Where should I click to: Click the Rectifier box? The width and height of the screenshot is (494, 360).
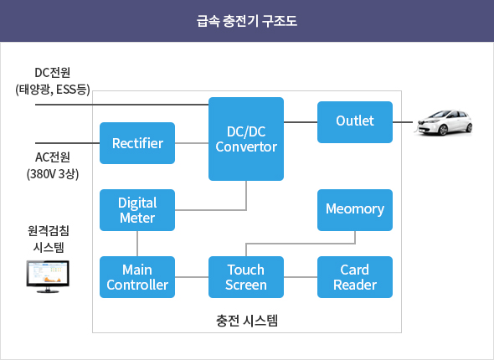coord(137,143)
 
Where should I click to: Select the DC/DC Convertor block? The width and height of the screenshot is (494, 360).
coord(246,139)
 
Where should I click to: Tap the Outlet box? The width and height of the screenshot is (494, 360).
coord(355,122)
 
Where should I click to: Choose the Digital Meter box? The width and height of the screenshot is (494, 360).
coord(137,210)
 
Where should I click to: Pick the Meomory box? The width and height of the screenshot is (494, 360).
coord(355,210)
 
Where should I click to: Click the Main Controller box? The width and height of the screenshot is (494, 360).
coord(137,277)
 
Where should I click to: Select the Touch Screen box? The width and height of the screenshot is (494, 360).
coord(246,277)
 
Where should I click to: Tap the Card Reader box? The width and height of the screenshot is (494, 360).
coord(355,277)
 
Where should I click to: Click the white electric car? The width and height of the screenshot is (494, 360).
coord(445,122)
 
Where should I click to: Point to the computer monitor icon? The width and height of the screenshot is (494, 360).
coord(48,276)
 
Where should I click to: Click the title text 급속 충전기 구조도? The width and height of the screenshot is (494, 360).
coord(247,21)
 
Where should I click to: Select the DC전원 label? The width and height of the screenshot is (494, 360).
coord(52,73)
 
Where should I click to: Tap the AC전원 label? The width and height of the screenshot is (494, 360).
coord(52,157)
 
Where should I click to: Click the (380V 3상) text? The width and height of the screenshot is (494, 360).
coord(53,174)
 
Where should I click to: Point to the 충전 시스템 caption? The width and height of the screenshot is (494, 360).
coord(247,321)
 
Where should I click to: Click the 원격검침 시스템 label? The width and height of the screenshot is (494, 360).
coord(49,239)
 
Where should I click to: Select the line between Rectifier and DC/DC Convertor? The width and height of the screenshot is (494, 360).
coord(192,143)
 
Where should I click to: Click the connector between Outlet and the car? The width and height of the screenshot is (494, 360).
coord(403,122)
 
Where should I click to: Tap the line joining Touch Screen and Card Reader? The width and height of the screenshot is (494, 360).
coord(301,277)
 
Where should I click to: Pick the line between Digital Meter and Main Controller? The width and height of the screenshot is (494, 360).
coord(137,244)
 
